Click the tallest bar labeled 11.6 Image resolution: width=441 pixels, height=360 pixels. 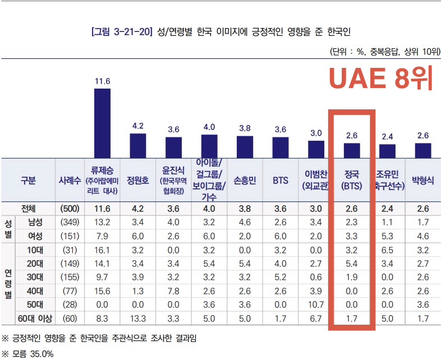tap(102, 123)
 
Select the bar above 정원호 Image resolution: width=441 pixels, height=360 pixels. tap(138, 146)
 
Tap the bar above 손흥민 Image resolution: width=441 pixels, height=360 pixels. tap(245, 147)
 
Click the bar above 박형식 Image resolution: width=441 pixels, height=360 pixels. tap(423, 150)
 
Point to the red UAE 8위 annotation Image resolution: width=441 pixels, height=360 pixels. tap(381, 79)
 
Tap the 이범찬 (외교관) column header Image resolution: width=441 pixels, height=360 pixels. tap(316, 179)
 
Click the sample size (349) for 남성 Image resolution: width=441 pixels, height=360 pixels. tap(70, 221)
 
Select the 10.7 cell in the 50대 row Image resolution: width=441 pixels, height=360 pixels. tap(316, 305)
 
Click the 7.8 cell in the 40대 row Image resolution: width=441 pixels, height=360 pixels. tap(173, 291)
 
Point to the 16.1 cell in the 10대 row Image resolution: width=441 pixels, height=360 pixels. tap(102, 250)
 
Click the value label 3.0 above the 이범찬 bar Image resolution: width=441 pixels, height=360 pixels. tap(316, 133)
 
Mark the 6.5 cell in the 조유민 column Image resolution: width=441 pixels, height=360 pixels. tap(387, 250)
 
